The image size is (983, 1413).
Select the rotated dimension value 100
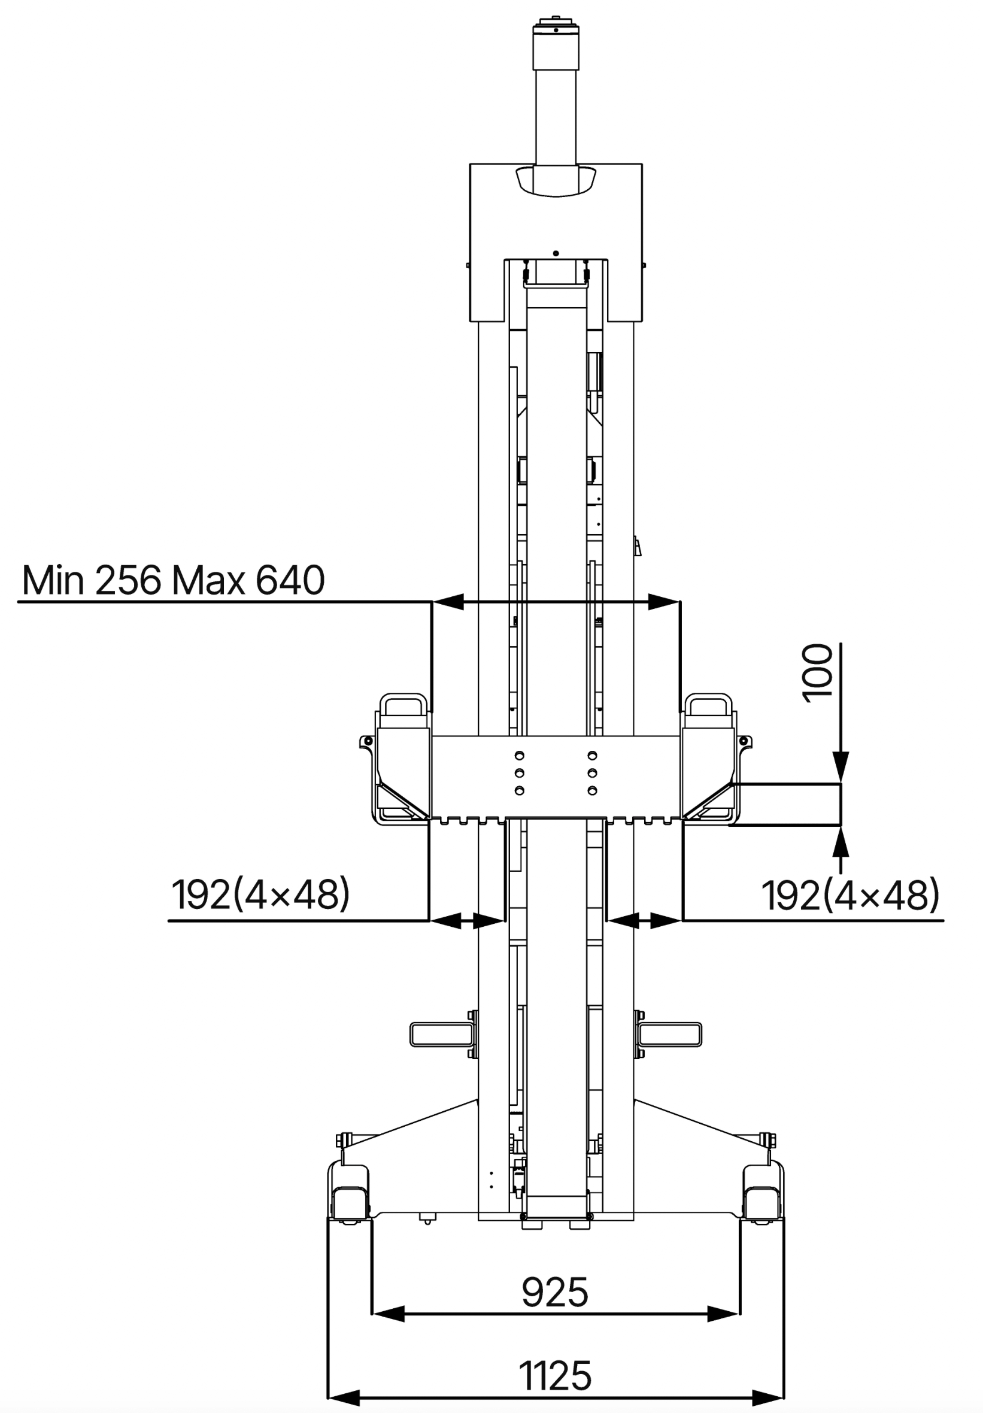coord(817,672)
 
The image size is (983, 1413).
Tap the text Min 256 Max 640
coord(173,580)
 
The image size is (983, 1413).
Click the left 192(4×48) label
coord(260,895)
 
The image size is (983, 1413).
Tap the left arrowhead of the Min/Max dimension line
coord(449,601)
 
